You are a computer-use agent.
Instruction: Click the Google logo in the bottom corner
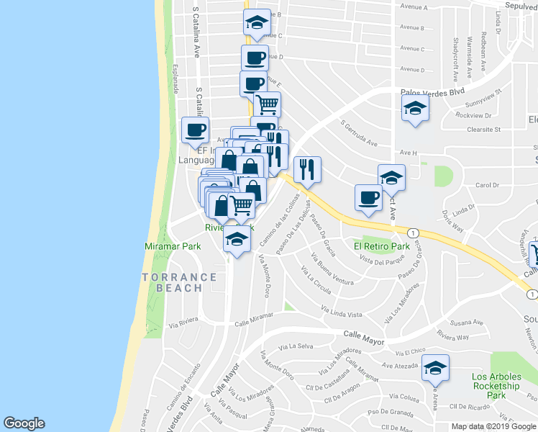point(24,423)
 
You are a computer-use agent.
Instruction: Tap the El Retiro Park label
point(381,246)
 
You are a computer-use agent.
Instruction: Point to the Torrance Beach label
point(179,282)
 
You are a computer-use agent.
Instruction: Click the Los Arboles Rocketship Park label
point(495,386)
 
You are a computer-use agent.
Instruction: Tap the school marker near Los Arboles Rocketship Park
point(435,369)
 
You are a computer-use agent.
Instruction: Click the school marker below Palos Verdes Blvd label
point(415,109)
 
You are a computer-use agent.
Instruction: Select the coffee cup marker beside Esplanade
point(195,130)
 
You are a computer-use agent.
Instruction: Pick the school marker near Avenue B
point(257,23)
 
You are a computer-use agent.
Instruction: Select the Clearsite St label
point(483,130)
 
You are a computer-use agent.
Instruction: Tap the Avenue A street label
point(414,7)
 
